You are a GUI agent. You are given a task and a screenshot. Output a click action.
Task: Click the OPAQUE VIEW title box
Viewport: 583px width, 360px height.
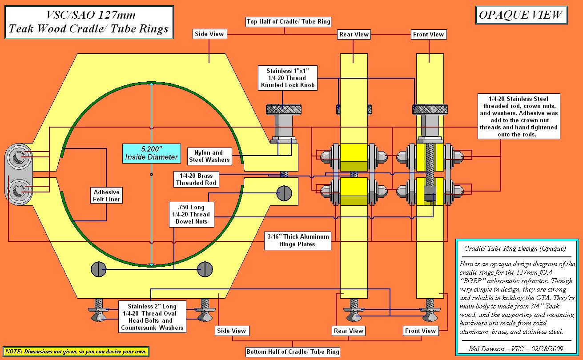click(520, 16)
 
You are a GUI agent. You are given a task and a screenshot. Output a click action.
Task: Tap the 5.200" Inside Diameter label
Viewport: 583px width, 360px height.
click(151, 152)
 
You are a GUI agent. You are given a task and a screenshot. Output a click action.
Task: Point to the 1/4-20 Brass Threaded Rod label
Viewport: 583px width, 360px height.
click(195, 179)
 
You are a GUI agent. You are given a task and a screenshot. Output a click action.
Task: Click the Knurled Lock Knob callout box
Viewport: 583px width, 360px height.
click(288, 78)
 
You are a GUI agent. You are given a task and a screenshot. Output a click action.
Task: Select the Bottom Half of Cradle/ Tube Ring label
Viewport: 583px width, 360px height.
click(293, 352)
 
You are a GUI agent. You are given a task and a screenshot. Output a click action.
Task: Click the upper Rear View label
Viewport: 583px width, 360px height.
click(354, 34)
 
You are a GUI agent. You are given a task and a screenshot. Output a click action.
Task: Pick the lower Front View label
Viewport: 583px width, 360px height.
click(420, 331)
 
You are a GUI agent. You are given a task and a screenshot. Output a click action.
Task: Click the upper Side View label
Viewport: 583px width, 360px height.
click(209, 34)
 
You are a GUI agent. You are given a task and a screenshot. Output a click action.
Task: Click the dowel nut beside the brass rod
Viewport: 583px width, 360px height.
click(284, 192)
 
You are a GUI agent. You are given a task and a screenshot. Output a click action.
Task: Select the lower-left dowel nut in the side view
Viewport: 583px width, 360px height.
click(99, 268)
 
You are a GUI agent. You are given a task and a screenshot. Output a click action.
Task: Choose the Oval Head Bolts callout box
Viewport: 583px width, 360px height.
click(152, 317)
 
